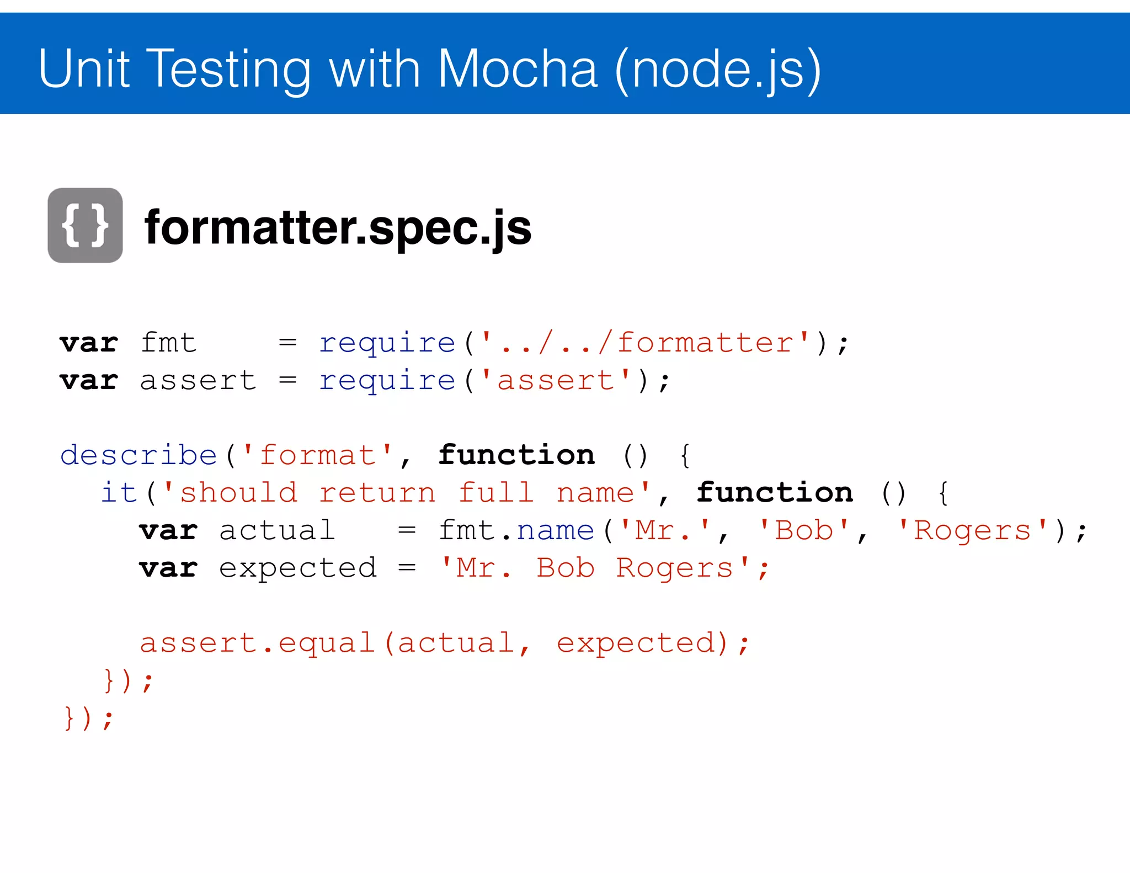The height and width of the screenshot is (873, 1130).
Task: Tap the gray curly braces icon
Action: click(x=85, y=225)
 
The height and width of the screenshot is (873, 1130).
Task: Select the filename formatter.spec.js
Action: click(x=338, y=227)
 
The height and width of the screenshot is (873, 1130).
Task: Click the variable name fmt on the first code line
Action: click(x=168, y=343)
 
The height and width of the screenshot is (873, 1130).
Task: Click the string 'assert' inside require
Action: click(x=556, y=380)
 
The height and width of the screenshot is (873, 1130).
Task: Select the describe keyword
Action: click(x=138, y=455)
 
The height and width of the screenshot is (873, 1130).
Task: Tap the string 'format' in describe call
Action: click(x=317, y=455)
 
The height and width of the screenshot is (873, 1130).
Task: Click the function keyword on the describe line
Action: click(x=516, y=455)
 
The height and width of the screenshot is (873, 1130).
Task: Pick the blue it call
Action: click(x=119, y=492)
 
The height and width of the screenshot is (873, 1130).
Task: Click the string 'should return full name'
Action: click(x=407, y=492)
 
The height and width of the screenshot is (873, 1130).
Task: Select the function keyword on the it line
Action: click(x=774, y=492)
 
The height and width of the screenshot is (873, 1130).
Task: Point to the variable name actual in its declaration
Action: click(x=277, y=530)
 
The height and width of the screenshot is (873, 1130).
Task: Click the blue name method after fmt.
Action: click(x=556, y=530)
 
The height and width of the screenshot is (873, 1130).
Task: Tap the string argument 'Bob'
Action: click(x=803, y=530)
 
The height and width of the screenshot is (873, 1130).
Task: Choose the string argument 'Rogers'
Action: click(x=972, y=530)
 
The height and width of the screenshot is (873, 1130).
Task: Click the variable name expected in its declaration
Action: click(x=298, y=568)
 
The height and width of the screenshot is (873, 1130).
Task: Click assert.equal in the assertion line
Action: click(x=257, y=643)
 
